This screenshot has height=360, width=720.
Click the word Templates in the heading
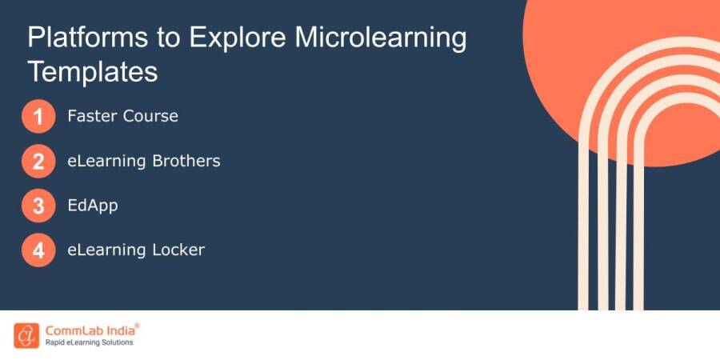93,72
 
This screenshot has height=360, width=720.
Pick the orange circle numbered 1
38,117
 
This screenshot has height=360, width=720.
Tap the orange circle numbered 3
38,206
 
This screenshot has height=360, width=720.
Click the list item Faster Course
122,116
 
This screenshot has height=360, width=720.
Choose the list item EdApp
94,206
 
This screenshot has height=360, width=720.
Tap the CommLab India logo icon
26,334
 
